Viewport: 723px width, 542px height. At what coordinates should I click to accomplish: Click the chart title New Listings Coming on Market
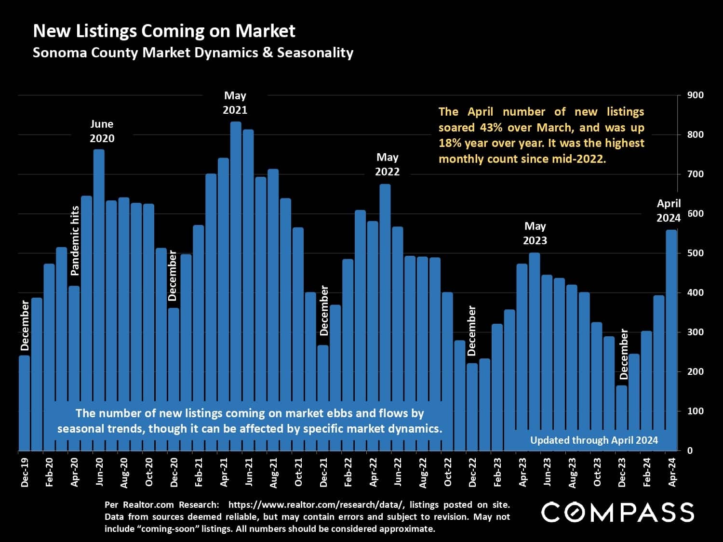164,31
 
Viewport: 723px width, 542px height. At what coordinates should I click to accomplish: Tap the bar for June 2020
99,299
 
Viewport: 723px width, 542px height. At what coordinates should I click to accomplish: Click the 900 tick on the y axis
696,95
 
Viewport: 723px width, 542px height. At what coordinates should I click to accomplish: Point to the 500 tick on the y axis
696,253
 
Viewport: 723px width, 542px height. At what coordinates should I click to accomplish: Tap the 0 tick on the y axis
690,451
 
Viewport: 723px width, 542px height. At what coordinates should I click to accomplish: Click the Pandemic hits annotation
75,240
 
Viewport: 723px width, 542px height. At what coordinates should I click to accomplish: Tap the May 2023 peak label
535,233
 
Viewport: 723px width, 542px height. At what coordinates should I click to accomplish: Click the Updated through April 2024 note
594,440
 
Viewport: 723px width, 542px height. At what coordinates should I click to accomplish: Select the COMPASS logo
617,512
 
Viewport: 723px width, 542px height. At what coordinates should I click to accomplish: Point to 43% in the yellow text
491,128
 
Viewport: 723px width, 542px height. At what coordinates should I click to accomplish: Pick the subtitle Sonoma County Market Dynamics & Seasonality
193,53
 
